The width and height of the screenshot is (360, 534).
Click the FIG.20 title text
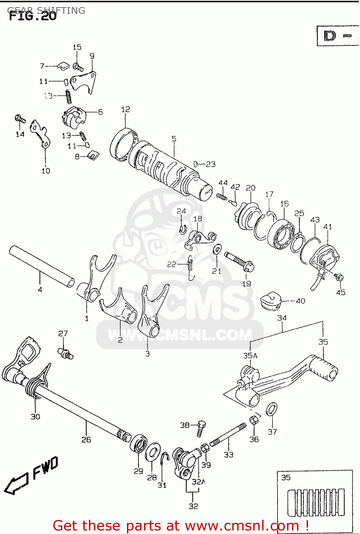tap(32, 16)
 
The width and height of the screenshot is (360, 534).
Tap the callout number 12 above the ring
tap(126, 109)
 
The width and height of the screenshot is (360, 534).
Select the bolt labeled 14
tap(20, 119)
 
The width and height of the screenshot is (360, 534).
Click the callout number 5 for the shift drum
tap(174, 138)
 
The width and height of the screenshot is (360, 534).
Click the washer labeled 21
tap(217, 249)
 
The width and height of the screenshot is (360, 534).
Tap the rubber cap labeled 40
tap(271, 301)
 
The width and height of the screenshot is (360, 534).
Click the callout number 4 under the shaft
tap(40, 289)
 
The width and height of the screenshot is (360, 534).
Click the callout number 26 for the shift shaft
tap(86, 440)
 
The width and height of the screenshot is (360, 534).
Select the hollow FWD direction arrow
tap(16, 484)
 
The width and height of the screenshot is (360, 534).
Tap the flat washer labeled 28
tap(153, 452)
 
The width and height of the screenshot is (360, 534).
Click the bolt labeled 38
tap(201, 427)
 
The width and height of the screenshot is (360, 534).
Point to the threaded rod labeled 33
tap(228, 434)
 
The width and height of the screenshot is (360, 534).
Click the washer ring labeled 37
tap(272, 409)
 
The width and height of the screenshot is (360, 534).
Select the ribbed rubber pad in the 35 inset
tap(316, 503)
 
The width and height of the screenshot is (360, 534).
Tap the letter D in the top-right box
tap(329, 36)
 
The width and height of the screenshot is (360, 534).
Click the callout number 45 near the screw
tap(340, 292)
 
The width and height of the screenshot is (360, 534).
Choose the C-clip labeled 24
tap(182, 229)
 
